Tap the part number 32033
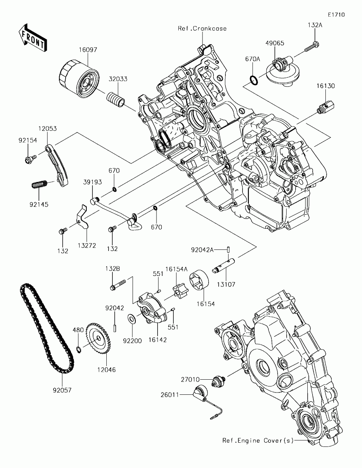pyautogui.click(x=118, y=79)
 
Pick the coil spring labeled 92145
pyautogui.click(x=39, y=184)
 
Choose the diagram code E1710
pyautogui.click(x=336, y=15)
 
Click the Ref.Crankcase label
pyautogui.click(x=202, y=28)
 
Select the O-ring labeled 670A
pyautogui.click(x=254, y=80)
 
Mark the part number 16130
pyautogui.click(x=325, y=86)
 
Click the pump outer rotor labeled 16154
pyautogui.click(x=199, y=280)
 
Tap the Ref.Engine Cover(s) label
pyautogui.click(x=258, y=441)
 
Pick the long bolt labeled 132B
pyautogui.click(x=118, y=284)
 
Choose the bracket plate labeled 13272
pyautogui.click(x=83, y=216)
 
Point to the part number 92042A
pyautogui.click(x=202, y=250)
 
